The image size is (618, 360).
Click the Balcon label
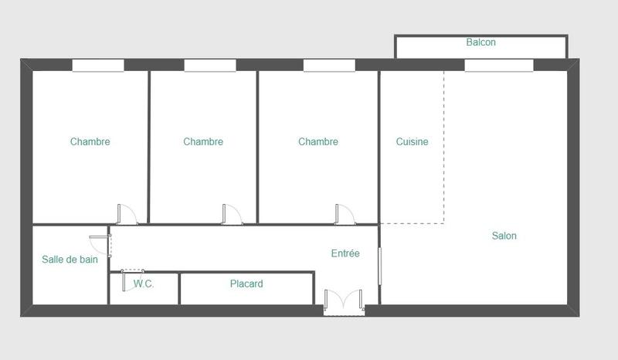(x=480, y=42)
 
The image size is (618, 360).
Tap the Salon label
(x=504, y=236)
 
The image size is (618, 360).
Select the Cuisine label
(x=412, y=141)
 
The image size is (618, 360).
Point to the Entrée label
(x=345, y=253)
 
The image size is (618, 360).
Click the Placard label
(x=246, y=284)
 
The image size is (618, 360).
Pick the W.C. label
(x=144, y=284)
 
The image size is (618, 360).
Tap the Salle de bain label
(x=70, y=260)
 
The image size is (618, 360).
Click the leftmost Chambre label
(x=90, y=141)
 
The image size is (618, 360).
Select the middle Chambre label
(x=203, y=141)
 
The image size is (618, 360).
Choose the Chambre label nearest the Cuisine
(x=318, y=141)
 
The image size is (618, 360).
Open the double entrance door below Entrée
(x=344, y=302)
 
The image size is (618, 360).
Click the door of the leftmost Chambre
(x=126, y=215)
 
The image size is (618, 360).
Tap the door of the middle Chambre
(x=231, y=215)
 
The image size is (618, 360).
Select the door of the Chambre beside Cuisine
(x=344, y=215)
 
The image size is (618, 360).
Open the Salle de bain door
(x=104, y=243)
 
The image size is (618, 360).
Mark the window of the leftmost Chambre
(x=98, y=66)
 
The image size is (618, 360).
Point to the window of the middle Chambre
(x=210, y=66)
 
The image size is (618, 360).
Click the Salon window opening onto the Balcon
(x=499, y=66)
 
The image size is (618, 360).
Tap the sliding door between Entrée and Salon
(x=379, y=265)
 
